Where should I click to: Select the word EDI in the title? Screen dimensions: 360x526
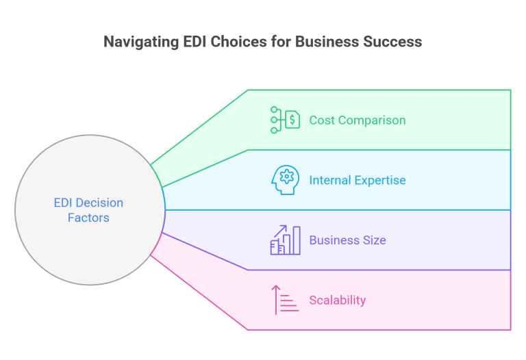(195, 42)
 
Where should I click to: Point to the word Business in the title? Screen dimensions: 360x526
(321, 42)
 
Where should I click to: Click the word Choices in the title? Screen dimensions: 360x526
(238, 42)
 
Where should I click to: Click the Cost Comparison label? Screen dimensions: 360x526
(357, 120)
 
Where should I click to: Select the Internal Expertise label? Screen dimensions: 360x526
(357, 181)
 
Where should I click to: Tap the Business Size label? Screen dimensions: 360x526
(347, 241)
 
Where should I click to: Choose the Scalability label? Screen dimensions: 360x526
(337, 300)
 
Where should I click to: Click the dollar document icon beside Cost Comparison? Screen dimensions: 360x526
(285, 120)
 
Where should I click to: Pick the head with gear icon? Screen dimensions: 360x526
(285, 180)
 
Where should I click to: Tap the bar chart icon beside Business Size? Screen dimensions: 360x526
(285, 240)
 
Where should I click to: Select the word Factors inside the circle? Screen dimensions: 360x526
(88, 218)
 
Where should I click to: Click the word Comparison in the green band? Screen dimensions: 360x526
(373, 120)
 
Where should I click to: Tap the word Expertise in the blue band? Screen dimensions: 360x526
(381, 181)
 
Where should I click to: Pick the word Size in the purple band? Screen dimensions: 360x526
(375, 241)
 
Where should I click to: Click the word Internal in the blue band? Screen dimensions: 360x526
(331, 181)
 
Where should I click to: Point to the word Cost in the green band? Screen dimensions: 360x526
(321, 120)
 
